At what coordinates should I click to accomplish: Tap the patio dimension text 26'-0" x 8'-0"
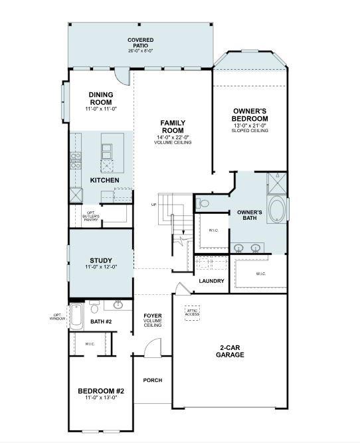[140, 50]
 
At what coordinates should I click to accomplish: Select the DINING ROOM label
[101, 98]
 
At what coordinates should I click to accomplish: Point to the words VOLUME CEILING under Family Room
[173, 143]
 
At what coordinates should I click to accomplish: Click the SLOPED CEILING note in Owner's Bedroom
[250, 131]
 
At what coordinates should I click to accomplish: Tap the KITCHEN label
[104, 181]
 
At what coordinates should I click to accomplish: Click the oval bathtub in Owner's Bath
[277, 211]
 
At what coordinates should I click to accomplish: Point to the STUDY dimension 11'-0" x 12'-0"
[101, 267]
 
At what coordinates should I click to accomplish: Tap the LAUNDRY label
[211, 281]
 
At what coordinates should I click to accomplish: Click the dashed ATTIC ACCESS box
[193, 313]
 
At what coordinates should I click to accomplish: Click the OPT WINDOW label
[57, 317]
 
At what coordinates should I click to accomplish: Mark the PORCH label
[152, 381]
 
